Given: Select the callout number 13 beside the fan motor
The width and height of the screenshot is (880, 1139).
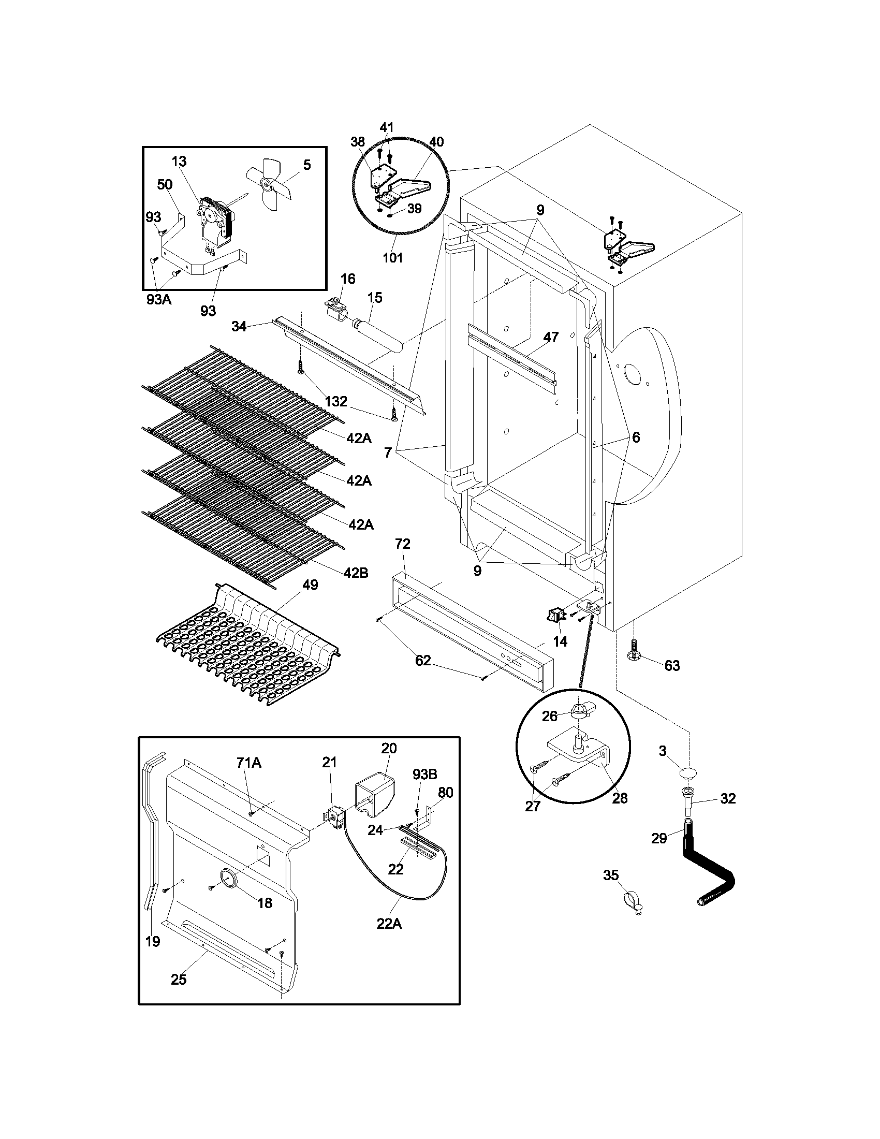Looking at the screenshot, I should click(x=179, y=161).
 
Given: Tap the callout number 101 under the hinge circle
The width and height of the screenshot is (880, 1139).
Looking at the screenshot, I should click(x=392, y=258).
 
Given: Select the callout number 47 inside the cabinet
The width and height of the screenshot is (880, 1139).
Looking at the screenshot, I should click(x=551, y=338).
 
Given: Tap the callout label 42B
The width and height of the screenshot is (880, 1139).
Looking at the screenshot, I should click(x=356, y=573).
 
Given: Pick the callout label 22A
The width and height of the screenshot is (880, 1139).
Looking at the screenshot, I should click(x=389, y=924).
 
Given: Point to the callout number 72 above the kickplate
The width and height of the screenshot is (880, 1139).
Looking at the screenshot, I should click(x=403, y=544).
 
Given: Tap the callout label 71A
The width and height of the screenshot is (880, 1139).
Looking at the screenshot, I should click(x=248, y=763).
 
